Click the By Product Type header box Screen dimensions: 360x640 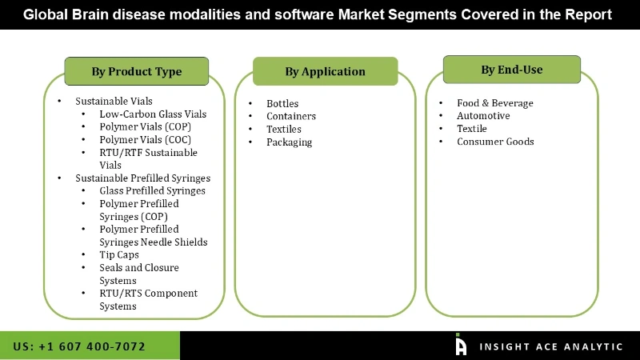(x=136, y=71)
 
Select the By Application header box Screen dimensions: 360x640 (x=325, y=71)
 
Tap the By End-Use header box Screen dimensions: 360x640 (x=512, y=70)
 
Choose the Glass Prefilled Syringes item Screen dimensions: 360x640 (x=152, y=191)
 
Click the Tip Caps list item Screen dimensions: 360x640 (x=119, y=255)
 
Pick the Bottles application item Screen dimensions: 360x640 (x=282, y=103)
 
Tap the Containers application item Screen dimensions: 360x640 (x=291, y=116)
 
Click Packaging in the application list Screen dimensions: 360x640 (x=289, y=142)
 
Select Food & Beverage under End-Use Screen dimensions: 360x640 (x=494, y=103)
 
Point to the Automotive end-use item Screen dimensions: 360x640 (x=483, y=116)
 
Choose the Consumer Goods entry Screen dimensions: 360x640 (x=495, y=142)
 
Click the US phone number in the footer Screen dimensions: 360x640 (x=79, y=346)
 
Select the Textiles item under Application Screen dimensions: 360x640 (x=284, y=129)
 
